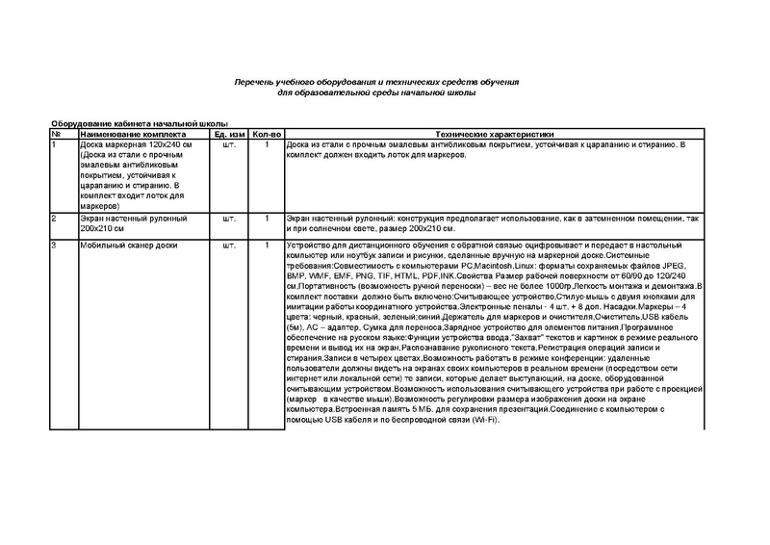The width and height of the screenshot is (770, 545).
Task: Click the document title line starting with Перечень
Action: [x=377, y=84]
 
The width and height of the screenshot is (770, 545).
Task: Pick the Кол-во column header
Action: [x=267, y=133]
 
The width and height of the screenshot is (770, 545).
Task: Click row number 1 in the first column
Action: [x=54, y=143]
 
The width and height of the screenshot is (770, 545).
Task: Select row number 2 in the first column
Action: [x=54, y=220]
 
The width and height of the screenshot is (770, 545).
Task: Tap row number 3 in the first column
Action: [x=54, y=247]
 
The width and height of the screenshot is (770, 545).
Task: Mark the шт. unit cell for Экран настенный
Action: [x=229, y=220]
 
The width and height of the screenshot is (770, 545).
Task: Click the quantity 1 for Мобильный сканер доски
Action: [x=267, y=247]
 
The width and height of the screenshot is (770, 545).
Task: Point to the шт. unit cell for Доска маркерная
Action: [x=229, y=143]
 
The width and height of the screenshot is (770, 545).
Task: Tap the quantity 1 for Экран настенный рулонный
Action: [x=267, y=220]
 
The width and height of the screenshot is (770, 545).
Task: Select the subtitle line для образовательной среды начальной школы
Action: [x=377, y=93]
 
